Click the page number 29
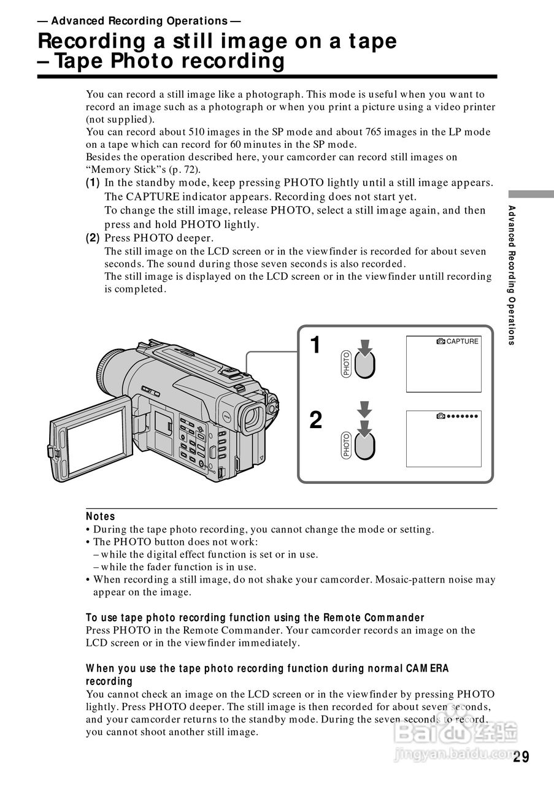521,757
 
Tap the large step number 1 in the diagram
315,345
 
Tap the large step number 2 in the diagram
315,421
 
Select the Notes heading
101,516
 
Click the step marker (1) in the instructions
93,183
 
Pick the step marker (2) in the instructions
93,237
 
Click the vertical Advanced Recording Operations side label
512,275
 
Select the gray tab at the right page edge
531,194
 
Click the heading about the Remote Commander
255,618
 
